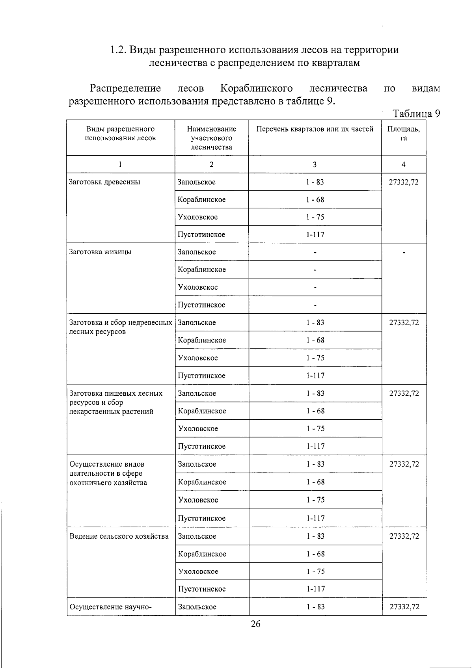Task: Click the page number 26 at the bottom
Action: (x=255, y=623)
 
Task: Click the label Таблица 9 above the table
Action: (x=416, y=114)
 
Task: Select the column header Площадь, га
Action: (x=403, y=134)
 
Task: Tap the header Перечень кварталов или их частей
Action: (x=315, y=129)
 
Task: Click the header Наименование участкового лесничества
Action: (x=212, y=138)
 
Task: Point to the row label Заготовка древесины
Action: (x=104, y=182)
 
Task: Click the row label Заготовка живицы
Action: (x=101, y=252)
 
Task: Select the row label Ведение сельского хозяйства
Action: (x=119, y=536)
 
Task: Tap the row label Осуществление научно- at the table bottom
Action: (x=111, y=607)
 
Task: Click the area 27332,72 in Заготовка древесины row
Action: (x=404, y=182)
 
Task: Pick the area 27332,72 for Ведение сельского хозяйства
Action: (x=404, y=536)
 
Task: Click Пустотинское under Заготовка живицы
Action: (x=201, y=305)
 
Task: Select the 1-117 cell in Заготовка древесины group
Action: (x=315, y=234)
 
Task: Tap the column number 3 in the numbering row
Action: (x=315, y=165)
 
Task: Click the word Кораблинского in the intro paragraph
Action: (x=257, y=88)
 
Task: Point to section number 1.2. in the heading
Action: (x=118, y=50)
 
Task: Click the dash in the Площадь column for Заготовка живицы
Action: (x=404, y=252)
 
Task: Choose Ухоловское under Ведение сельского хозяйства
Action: (x=198, y=571)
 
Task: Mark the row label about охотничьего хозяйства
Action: (x=108, y=473)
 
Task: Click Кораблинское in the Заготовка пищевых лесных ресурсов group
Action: (x=202, y=411)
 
